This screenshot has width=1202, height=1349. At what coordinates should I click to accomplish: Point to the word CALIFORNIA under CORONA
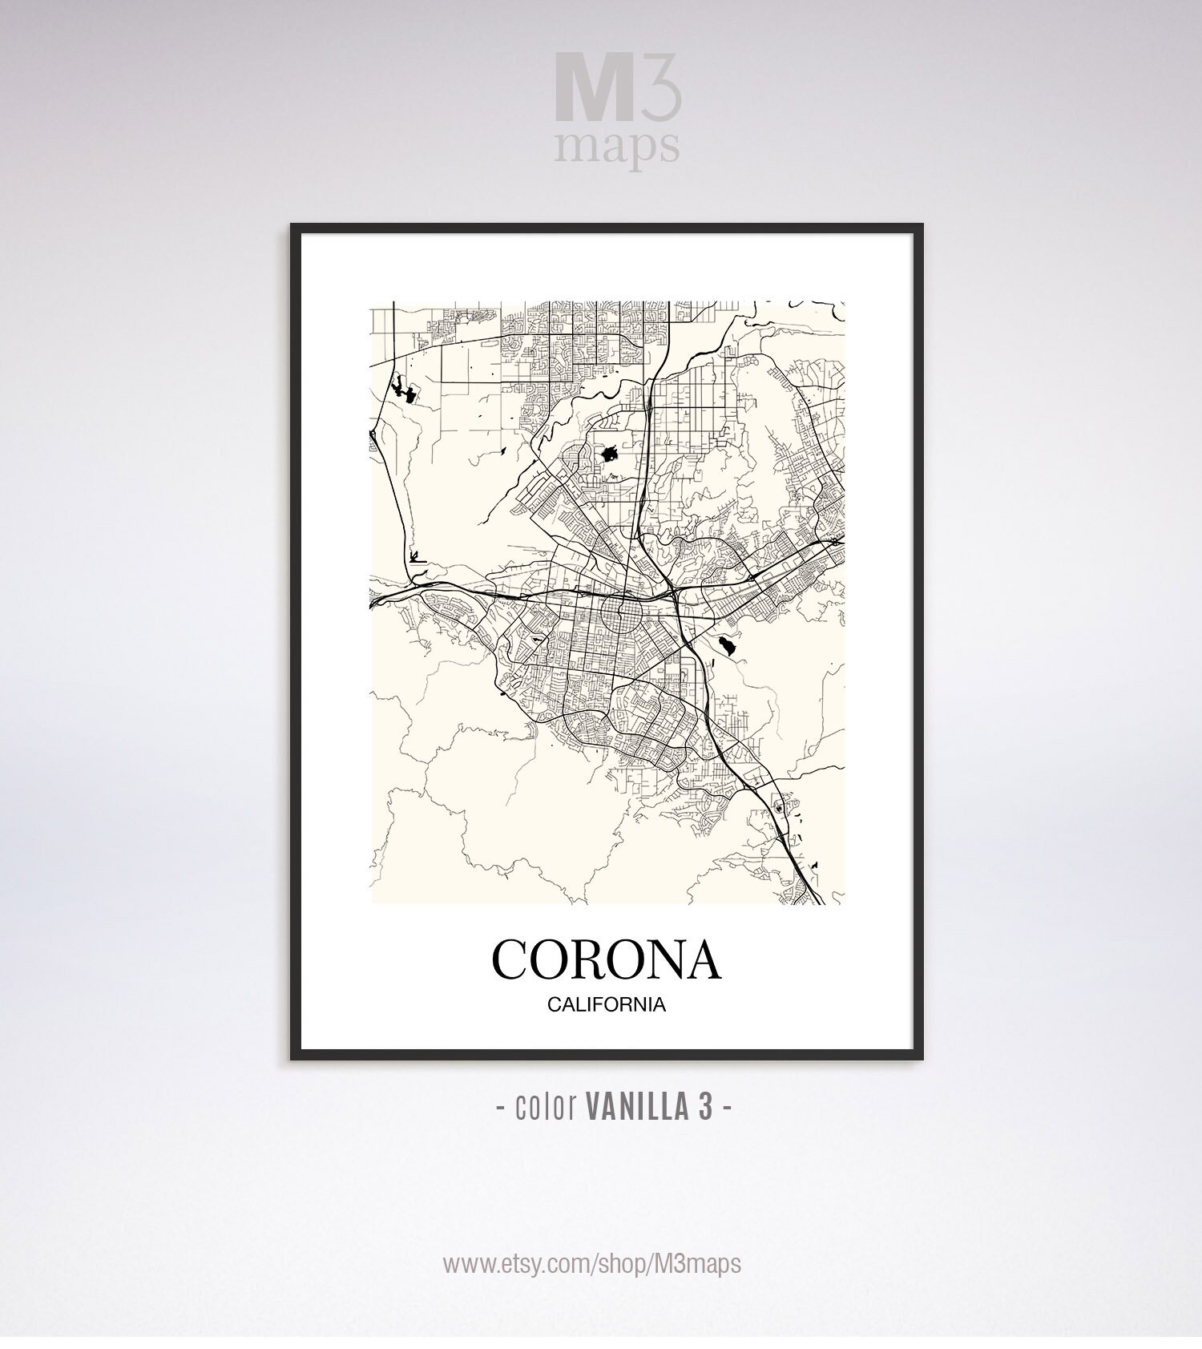pyautogui.click(x=607, y=1005)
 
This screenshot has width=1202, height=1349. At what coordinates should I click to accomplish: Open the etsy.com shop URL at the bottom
pyautogui.click(x=592, y=1264)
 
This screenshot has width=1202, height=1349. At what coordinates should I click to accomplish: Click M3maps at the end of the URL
pyautogui.click(x=697, y=1264)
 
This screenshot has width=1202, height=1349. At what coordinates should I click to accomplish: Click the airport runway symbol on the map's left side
pyautogui.click(x=414, y=555)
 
